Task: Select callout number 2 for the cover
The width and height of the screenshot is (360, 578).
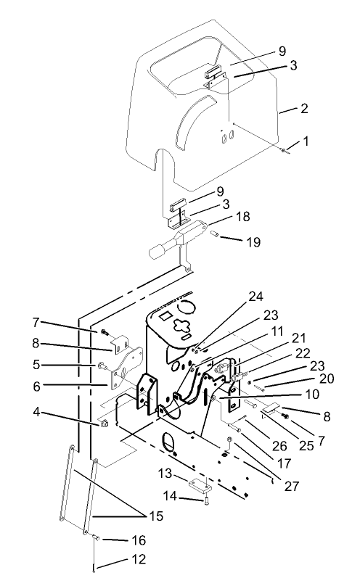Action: coord(304,109)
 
